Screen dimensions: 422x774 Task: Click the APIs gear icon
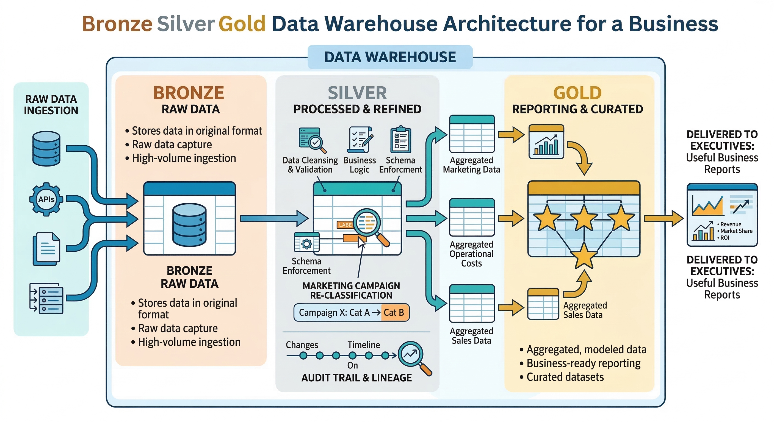point(46,199)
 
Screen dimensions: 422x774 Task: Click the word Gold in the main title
point(242,24)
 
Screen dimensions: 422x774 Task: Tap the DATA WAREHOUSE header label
point(390,57)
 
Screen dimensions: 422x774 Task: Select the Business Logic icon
point(360,140)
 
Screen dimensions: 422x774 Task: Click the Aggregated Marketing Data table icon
point(471,134)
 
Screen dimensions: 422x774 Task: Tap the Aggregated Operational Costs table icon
point(471,218)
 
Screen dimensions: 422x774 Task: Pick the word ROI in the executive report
point(725,238)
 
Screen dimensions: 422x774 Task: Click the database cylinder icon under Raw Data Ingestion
point(46,148)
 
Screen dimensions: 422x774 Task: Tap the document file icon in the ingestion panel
point(46,249)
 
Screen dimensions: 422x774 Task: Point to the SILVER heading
point(357,93)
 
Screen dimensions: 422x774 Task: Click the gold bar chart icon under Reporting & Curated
point(546,142)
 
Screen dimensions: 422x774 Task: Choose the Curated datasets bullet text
point(565,377)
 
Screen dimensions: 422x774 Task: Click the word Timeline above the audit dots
point(364,345)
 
